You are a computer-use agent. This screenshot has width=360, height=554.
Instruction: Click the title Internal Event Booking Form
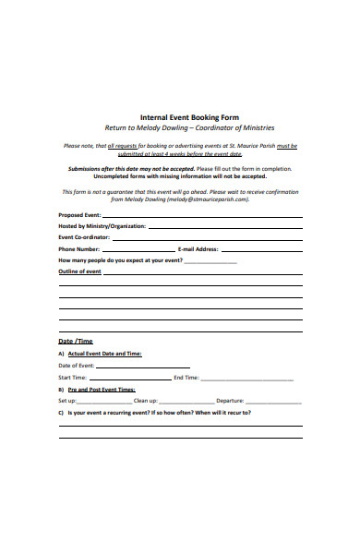pyautogui.click(x=180, y=116)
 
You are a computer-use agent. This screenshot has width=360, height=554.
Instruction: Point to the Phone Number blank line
pyautogui.click(x=138, y=249)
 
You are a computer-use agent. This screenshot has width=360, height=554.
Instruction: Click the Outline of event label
pyautogui.click(x=79, y=272)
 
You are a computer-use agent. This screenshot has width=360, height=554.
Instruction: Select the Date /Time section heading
pyautogui.click(x=75, y=342)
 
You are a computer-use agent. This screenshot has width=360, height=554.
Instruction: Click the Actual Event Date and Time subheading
pyautogui.click(x=103, y=354)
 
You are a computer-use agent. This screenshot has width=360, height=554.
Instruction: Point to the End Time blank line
pyautogui.click(x=246, y=379)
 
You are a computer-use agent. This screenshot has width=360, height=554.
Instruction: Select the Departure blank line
pyautogui.click(x=272, y=402)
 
